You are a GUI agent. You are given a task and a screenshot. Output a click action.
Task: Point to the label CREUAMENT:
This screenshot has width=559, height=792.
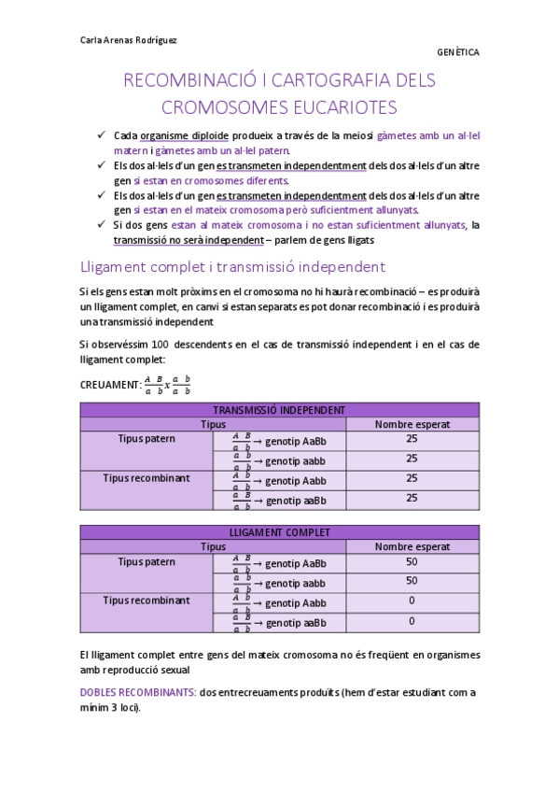(110, 385)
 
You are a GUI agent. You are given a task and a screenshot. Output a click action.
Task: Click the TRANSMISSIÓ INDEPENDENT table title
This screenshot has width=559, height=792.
(279, 410)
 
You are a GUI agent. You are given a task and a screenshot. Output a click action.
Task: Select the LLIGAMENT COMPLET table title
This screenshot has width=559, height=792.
(279, 532)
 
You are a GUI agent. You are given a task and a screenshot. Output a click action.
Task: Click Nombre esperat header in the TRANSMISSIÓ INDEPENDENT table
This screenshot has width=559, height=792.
(412, 424)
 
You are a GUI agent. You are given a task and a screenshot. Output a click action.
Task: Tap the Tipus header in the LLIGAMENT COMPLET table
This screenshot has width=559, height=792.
(213, 546)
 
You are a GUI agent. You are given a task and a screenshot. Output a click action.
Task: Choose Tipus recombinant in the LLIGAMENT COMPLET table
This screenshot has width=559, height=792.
(147, 601)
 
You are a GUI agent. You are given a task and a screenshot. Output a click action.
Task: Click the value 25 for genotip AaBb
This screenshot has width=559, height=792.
(412, 439)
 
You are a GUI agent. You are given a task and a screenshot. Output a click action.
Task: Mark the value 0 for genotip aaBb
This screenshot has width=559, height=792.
(412, 621)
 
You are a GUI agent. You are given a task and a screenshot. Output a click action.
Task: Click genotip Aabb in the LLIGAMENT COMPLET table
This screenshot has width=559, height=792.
(295, 603)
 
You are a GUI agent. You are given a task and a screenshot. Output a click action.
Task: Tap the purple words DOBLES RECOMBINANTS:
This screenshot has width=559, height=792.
(138, 692)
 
